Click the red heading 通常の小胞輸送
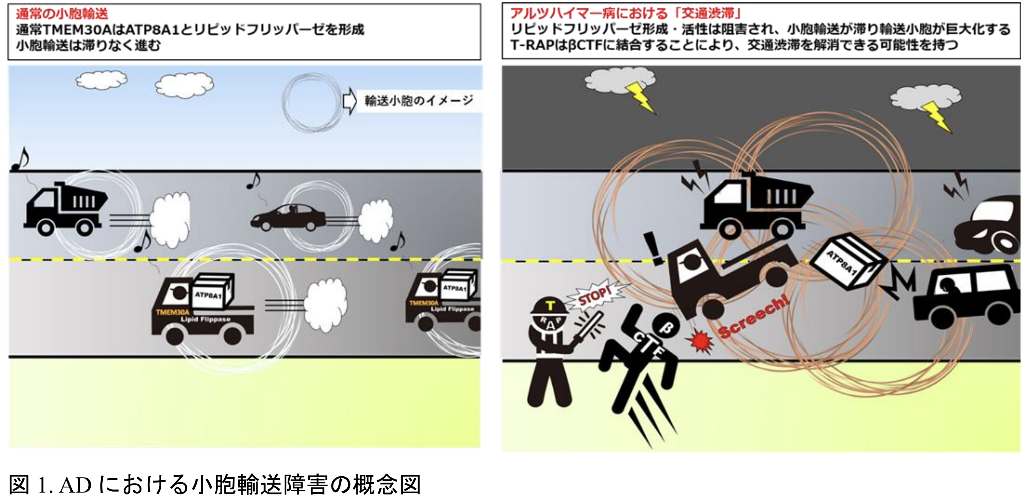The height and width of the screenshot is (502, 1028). coord(62,14)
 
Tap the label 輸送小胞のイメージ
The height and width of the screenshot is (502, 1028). coord(419,101)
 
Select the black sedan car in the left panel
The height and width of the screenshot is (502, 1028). coord(288,218)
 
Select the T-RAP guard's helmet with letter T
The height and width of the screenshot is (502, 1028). coord(550,306)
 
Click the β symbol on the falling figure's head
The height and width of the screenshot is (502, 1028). coord(666,328)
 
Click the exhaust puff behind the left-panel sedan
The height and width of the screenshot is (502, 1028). coord(375,220)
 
